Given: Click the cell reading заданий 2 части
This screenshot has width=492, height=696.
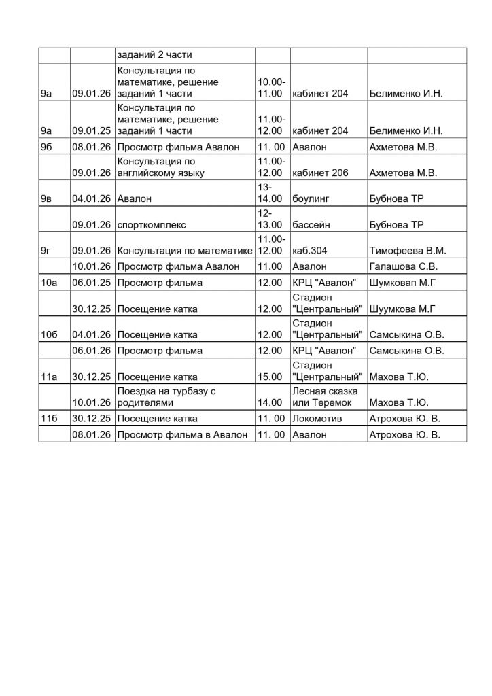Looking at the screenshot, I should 156,56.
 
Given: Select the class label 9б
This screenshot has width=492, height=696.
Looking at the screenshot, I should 47,147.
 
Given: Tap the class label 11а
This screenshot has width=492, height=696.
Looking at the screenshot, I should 49,377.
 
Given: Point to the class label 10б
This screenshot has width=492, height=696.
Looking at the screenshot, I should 49,334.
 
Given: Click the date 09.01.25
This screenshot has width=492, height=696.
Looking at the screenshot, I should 92,130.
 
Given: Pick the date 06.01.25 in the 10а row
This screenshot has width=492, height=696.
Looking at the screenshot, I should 92,282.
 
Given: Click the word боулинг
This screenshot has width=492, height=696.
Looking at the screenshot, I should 311,199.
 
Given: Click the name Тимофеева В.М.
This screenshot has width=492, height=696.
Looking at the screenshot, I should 404,251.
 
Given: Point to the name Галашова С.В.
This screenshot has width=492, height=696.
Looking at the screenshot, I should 403,266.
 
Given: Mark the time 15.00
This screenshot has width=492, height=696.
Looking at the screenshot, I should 269,377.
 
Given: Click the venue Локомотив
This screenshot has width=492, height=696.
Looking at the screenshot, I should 317,419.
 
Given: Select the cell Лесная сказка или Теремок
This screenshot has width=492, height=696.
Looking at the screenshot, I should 321,398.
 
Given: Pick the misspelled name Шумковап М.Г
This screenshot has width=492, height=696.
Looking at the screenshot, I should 404,282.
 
